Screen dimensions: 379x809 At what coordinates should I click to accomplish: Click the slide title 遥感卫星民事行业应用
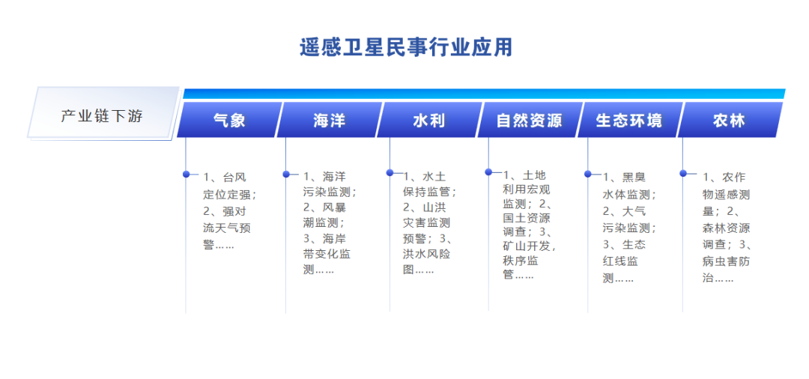tap(406, 47)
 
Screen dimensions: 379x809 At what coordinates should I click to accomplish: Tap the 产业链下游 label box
tap(102, 116)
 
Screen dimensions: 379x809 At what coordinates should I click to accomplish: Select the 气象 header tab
tap(229, 120)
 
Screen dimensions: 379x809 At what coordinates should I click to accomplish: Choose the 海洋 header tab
tap(329, 120)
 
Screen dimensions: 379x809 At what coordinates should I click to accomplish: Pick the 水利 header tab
tap(428, 120)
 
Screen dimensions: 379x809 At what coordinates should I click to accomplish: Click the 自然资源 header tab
tap(529, 120)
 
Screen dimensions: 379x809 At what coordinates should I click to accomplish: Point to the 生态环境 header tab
tap(628, 120)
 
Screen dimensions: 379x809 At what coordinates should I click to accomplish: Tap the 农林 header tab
tap(729, 120)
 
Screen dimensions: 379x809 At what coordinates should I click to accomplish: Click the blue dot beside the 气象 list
tap(186, 174)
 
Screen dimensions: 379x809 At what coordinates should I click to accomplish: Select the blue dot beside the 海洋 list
tap(286, 174)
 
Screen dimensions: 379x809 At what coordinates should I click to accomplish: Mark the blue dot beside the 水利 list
tap(390, 172)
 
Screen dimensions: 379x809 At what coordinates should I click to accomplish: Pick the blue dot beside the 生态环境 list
tap(588, 174)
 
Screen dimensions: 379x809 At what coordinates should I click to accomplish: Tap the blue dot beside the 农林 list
tap(683, 173)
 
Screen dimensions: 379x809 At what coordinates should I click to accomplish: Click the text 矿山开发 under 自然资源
tap(527, 246)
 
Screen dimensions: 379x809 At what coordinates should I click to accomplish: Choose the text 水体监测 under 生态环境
tap(626, 195)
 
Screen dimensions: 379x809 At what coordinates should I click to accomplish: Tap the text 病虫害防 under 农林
tap(726, 261)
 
